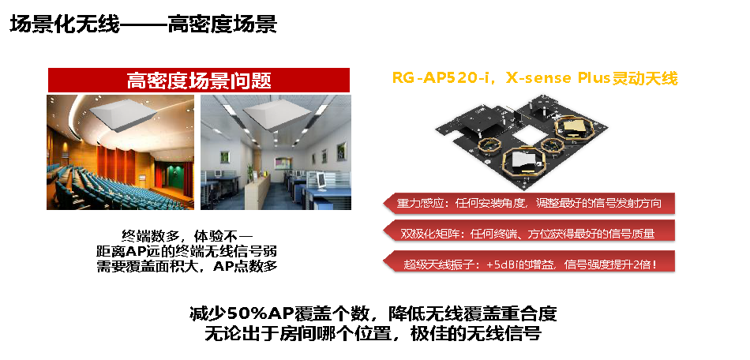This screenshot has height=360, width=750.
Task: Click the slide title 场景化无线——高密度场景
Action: [x=143, y=24]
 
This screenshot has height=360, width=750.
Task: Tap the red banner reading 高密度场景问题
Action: [x=198, y=80]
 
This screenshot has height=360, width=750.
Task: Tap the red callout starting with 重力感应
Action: [x=529, y=203]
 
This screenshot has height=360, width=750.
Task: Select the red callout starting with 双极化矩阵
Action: [x=529, y=234]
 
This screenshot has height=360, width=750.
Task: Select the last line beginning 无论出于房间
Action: [x=373, y=333]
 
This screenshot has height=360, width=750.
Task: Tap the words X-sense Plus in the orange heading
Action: [x=557, y=78]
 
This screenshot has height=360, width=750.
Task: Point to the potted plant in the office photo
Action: [x=249, y=172]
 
